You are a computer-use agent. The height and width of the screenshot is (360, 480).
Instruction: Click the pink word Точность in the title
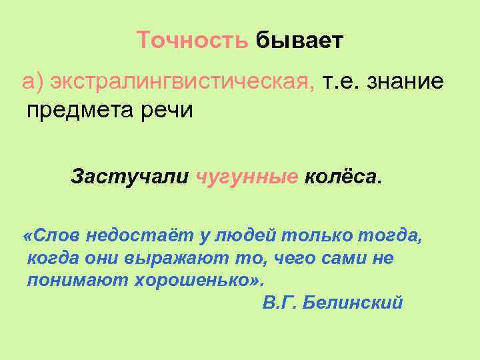point(193,41)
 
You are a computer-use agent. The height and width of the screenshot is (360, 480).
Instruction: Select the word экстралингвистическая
point(180,82)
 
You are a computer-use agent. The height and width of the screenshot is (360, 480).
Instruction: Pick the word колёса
point(343,178)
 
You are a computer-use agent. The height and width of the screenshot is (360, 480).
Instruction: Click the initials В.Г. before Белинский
point(279,303)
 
